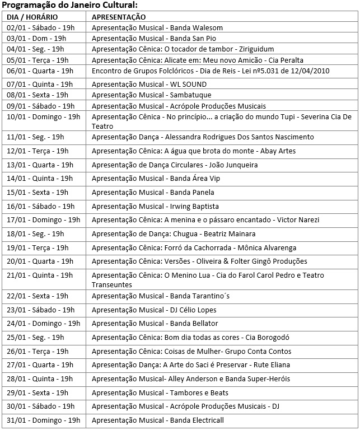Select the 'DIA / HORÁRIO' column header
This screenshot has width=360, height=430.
(32, 17)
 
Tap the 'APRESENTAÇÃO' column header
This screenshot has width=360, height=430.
(118, 17)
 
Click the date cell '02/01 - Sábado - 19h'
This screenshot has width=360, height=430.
(40, 27)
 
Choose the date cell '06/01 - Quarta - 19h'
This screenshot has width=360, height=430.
(40, 71)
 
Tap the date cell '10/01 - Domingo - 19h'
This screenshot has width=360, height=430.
(43, 117)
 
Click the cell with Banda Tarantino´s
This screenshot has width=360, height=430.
(160, 296)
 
